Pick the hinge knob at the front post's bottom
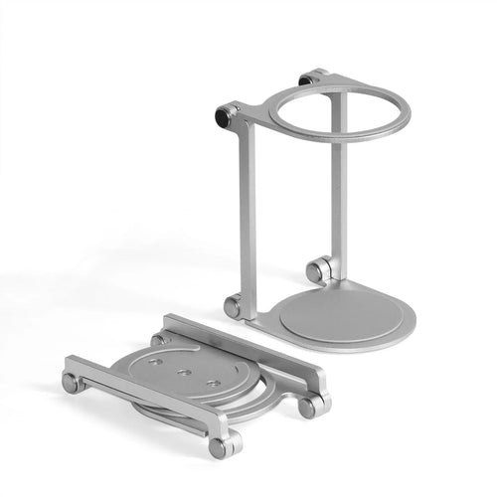pyautogui.click(x=232, y=307)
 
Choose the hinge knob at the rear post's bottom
pyautogui.click(x=318, y=269)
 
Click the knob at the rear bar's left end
pyautogui.click(x=159, y=339)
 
